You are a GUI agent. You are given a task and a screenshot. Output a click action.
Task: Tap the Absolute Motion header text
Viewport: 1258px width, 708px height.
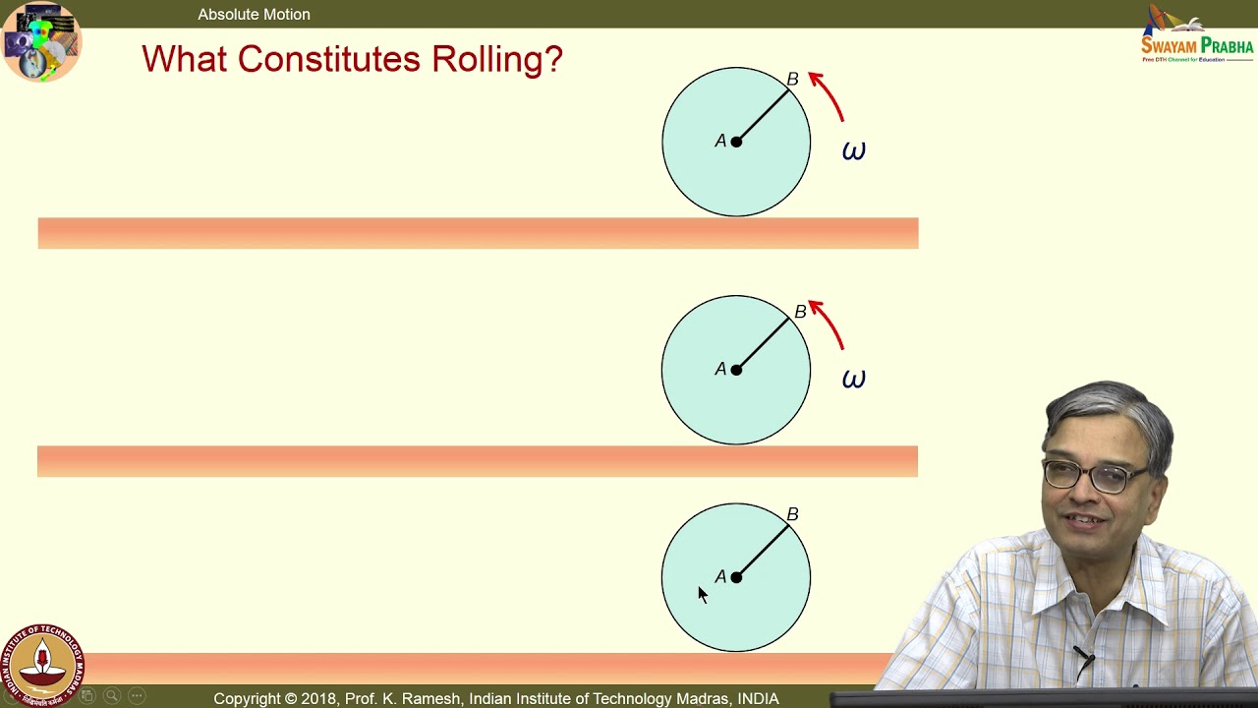(x=254, y=14)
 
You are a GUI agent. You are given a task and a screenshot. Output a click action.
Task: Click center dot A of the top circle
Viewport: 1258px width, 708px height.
(x=736, y=142)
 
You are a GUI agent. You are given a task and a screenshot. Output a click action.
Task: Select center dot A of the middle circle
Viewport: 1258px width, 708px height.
(x=736, y=370)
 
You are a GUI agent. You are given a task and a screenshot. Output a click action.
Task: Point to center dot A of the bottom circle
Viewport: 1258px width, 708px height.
(x=736, y=577)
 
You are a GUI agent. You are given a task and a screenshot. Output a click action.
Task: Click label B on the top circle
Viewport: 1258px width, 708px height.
(x=792, y=79)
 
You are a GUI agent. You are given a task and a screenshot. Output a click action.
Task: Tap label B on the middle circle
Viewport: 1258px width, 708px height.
(x=800, y=312)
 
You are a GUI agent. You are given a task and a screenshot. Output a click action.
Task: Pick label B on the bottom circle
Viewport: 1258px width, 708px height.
(x=792, y=514)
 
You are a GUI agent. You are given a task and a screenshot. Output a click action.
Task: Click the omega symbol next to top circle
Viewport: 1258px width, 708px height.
(x=853, y=151)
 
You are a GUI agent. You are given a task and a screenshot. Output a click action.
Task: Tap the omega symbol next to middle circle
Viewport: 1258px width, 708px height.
(x=853, y=380)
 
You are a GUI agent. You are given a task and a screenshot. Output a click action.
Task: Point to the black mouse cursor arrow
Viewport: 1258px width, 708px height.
(x=702, y=594)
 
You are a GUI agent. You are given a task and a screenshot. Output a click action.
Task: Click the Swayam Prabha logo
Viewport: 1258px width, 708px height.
(x=1196, y=35)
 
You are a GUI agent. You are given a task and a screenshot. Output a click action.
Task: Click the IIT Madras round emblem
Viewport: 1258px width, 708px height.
(x=42, y=665)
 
